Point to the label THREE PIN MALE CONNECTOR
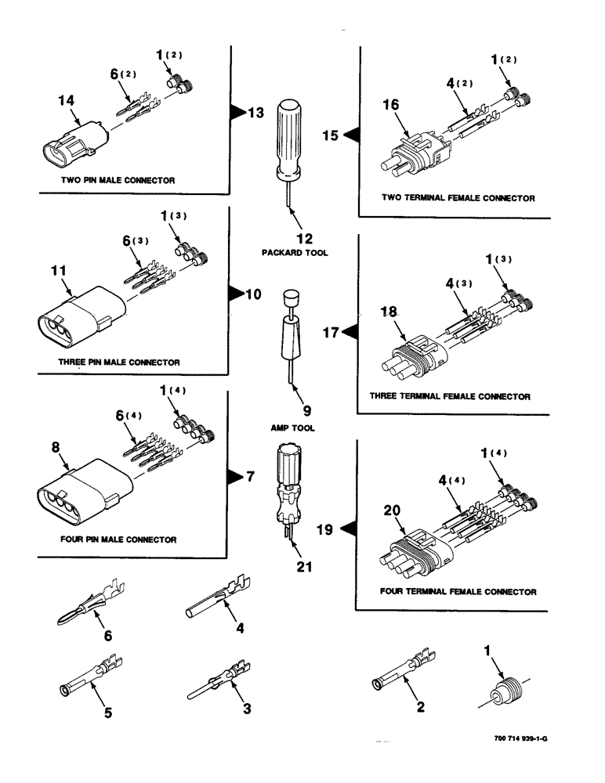tap(118, 363)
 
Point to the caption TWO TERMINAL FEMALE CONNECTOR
tap(458, 198)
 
